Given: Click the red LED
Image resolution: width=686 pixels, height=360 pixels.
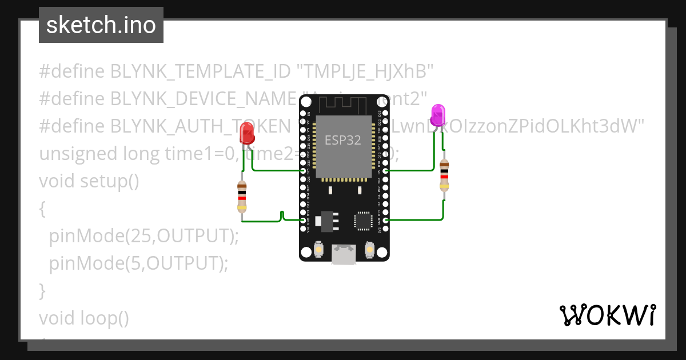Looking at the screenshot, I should tap(247, 133).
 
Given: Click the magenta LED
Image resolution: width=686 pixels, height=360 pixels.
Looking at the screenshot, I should tap(438, 114).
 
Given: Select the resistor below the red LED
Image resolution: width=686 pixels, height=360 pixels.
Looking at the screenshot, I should tap(242, 197).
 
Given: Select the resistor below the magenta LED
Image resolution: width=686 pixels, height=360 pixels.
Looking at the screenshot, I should tap(444, 175).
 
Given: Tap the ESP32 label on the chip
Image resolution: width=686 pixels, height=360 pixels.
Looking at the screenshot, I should tap(343, 140).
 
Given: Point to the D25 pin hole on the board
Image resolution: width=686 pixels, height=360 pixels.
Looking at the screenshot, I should tap(303, 171).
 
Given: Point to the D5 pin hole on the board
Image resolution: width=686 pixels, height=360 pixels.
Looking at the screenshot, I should tap(386, 171).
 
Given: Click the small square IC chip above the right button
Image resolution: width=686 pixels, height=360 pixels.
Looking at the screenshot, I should tap(363, 221).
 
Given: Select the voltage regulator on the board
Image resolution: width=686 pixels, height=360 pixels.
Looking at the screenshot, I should tap(326, 221).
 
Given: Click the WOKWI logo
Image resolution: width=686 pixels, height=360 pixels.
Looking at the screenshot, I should tap(607, 315).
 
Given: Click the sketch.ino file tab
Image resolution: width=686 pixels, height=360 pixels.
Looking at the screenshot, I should tap(101, 25).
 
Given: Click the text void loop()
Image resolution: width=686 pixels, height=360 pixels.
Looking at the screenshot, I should tap(84, 318).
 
